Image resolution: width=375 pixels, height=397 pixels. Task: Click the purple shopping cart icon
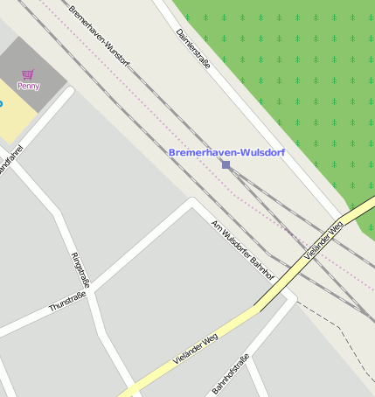coord(29,74)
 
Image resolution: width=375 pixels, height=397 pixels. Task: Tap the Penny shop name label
coord(28,86)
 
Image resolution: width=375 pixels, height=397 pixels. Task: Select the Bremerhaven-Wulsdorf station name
coord(226,152)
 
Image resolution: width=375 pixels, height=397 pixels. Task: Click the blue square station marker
coord(226,164)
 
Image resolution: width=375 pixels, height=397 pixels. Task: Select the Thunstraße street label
coord(67,303)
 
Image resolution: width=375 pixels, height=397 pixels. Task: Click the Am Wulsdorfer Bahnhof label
coord(243,249)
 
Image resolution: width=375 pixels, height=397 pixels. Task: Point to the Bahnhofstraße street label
coord(232,373)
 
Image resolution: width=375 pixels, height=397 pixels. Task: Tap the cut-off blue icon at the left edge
coord(1,104)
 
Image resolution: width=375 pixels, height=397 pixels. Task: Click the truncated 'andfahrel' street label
coord(10,162)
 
